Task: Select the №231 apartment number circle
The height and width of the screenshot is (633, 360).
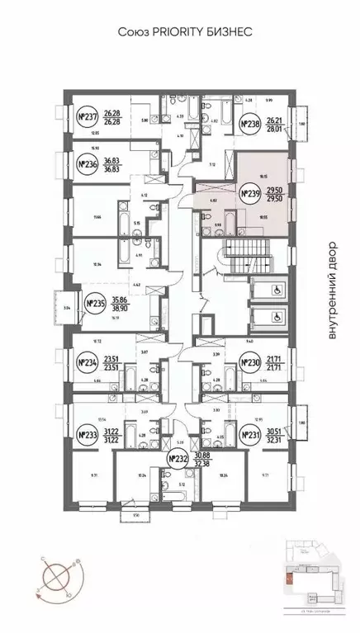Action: [x=250, y=436]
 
